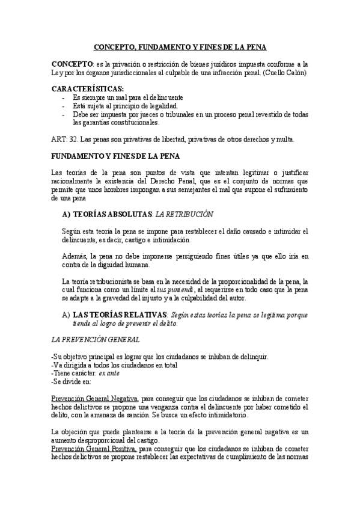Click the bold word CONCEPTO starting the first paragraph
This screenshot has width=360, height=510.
point(72,64)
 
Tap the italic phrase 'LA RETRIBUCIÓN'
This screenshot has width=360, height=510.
point(183,214)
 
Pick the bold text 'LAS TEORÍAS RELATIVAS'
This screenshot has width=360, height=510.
point(120,315)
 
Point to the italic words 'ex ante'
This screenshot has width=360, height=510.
point(109,373)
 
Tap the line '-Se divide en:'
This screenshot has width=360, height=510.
point(72,381)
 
